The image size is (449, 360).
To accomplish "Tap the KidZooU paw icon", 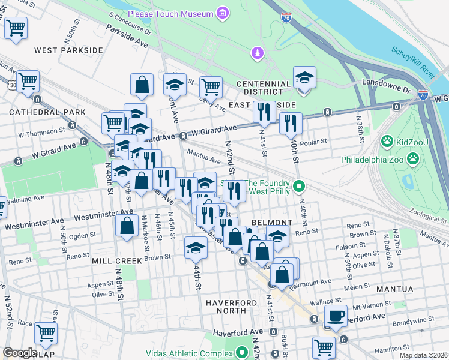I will (x=387, y=142).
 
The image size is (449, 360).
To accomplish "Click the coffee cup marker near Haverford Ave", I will (x=336, y=316).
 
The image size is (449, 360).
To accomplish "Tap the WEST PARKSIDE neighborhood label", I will (x=68, y=50).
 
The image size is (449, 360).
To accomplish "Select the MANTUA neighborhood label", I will (x=394, y=289).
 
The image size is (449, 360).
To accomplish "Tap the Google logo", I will (x=20, y=353).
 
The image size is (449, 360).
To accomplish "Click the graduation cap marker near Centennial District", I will (x=305, y=77).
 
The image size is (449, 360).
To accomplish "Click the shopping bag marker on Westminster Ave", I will (x=127, y=227).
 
